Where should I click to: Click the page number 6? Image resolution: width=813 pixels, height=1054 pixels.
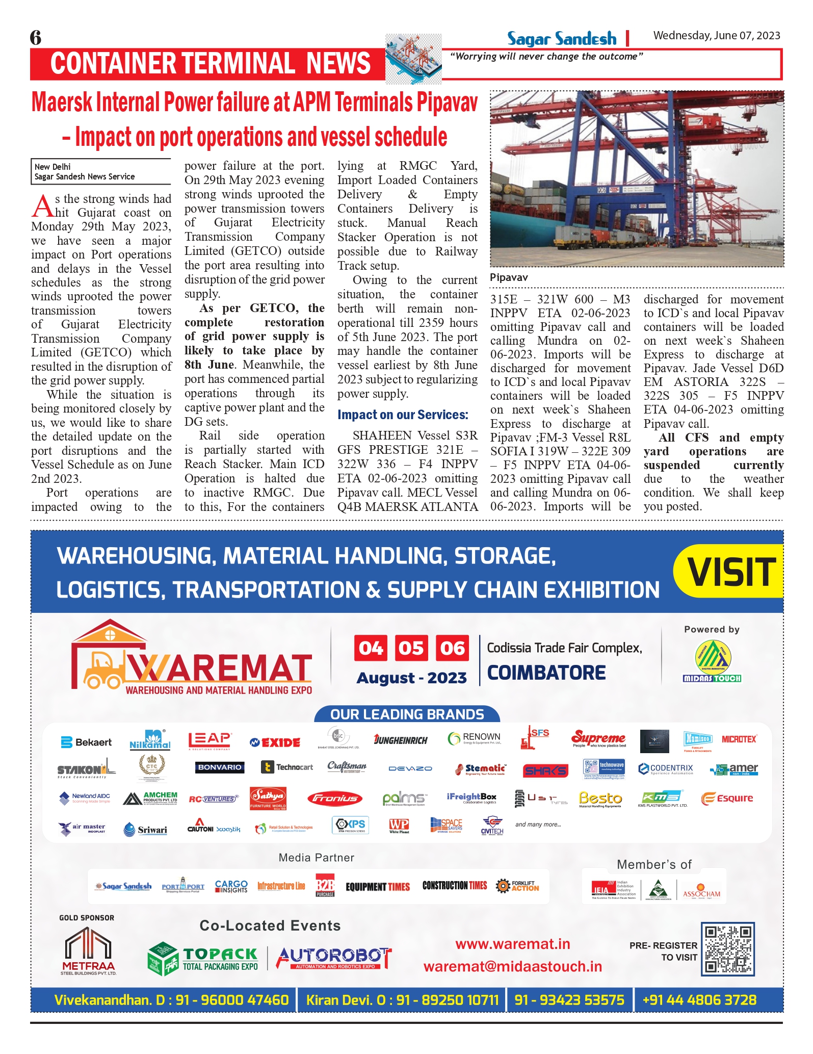(35, 38)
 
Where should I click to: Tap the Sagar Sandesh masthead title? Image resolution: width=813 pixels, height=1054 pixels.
(561, 39)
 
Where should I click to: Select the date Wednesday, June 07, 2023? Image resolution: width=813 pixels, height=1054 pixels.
(716, 36)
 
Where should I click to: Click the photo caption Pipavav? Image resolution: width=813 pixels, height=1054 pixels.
(508, 277)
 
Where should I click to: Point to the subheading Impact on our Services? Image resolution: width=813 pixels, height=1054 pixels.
(402, 415)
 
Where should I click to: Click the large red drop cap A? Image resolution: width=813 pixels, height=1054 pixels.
(42, 206)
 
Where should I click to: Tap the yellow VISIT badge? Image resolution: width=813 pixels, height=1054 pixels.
(731, 572)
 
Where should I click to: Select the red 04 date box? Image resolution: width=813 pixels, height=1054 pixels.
(370, 648)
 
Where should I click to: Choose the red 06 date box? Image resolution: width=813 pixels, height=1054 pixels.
(452, 648)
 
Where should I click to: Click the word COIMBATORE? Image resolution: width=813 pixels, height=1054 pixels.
(546, 673)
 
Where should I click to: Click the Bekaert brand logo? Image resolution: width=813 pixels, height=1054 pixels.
(86, 742)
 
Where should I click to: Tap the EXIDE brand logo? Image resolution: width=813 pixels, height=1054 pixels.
(275, 742)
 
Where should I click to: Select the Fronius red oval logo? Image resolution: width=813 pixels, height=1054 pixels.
(334, 799)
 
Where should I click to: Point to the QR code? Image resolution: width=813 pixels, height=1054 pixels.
(727, 949)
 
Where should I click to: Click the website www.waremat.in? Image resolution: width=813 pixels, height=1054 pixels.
(512, 944)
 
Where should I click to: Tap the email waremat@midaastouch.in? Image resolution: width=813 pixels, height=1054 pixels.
(512, 967)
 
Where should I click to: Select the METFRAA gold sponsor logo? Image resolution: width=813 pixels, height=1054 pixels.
(88, 951)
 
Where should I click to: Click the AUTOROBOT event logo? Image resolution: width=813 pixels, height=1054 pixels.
(334, 958)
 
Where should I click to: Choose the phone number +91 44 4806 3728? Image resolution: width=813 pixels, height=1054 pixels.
(699, 1000)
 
